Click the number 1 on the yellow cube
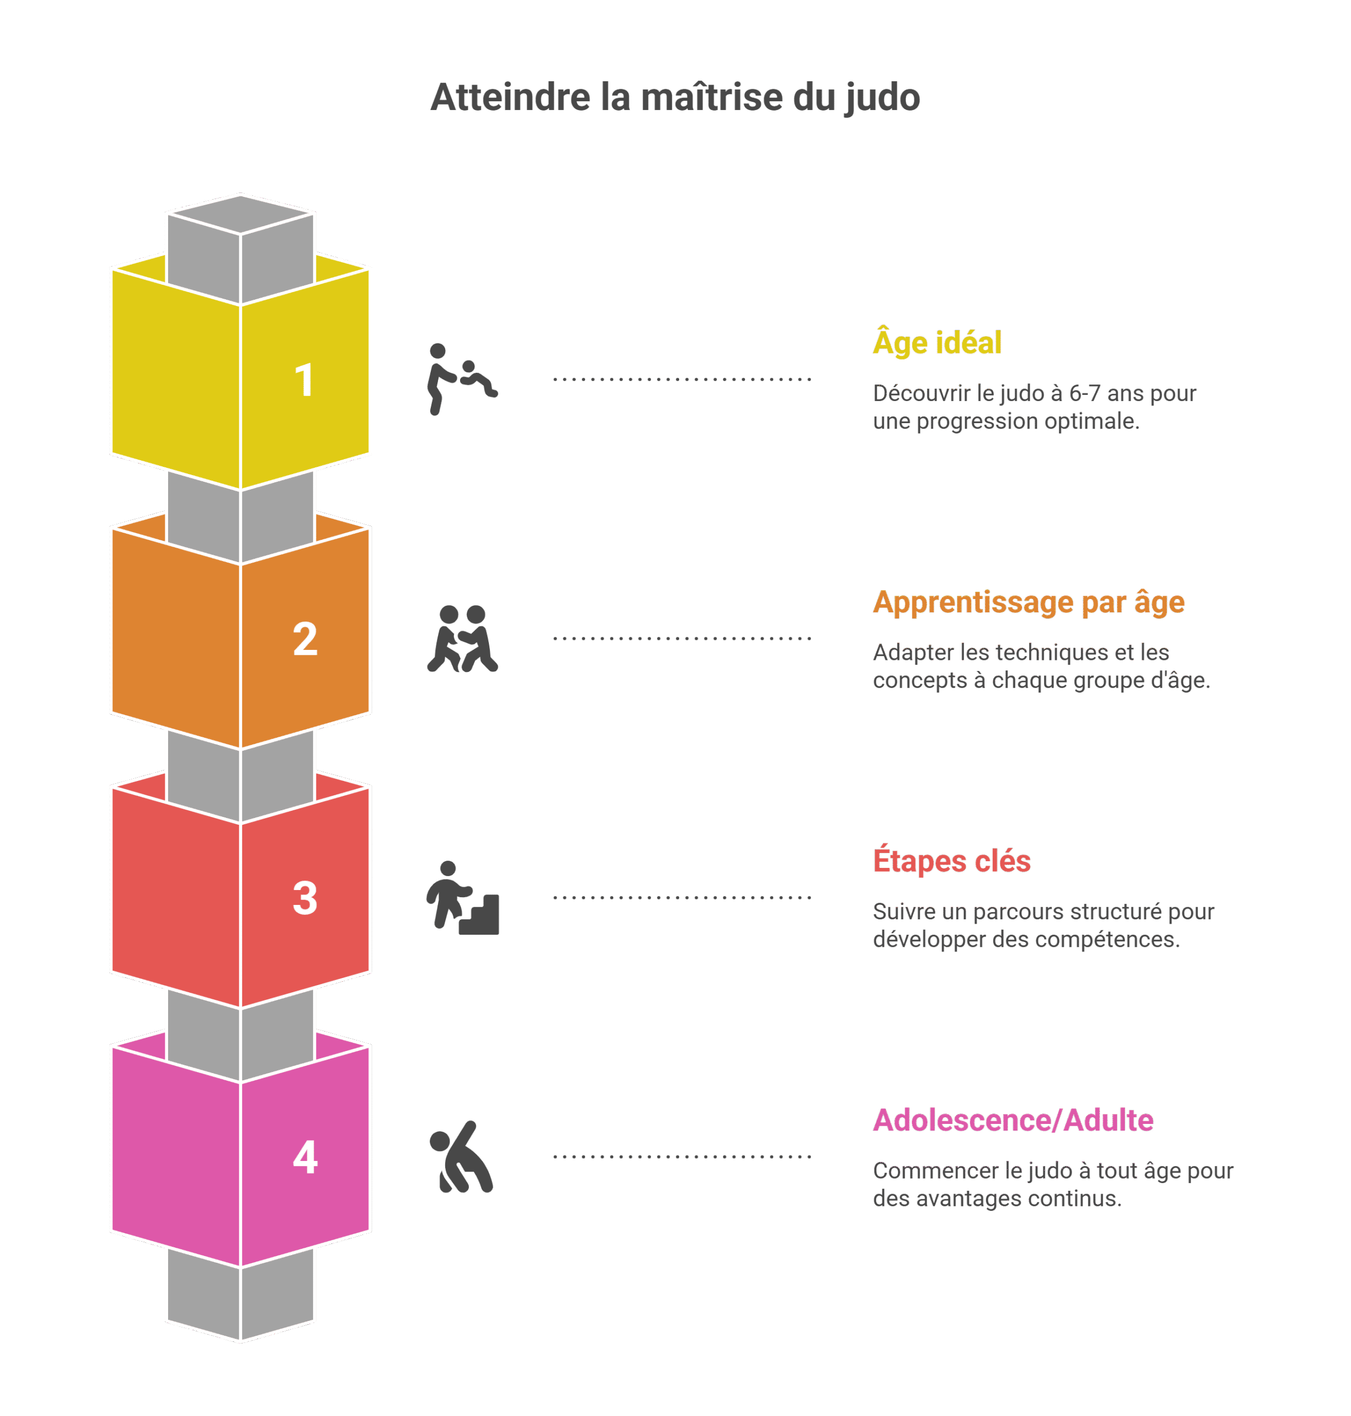tap(305, 381)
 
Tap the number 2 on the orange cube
tap(305, 639)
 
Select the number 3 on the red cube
tap(305, 898)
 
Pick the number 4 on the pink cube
tap(305, 1158)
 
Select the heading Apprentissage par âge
tap(1029, 602)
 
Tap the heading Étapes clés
tap(951, 861)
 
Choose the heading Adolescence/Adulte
tap(1013, 1120)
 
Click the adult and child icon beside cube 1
tap(462, 379)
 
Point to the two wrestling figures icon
tap(462, 639)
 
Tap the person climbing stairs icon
tap(462, 897)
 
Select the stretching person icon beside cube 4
tap(461, 1157)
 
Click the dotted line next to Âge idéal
tap(682, 379)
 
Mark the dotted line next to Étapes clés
tap(682, 897)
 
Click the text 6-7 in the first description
tap(1084, 393)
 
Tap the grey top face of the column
tap(241, 214)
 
